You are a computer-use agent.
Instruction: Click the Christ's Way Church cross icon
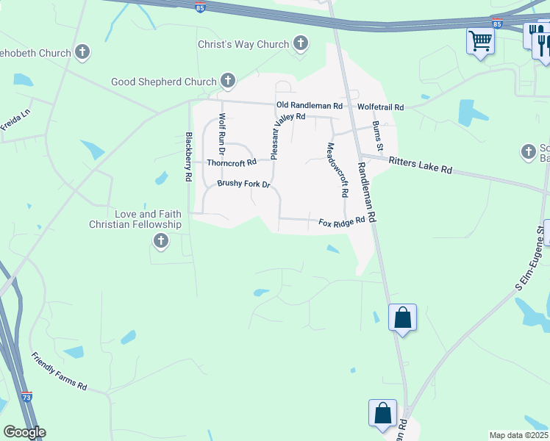[300, 44]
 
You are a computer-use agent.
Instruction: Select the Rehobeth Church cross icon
[82, 52]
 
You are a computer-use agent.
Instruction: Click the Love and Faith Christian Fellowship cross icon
[160, 241]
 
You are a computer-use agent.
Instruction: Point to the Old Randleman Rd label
[310, 106]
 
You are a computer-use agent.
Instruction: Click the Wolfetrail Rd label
[380, 107]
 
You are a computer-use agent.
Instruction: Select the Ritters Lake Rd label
[420, 165]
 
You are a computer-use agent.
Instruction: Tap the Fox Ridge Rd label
[341, 221]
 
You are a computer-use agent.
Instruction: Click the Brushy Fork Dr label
[244, 184]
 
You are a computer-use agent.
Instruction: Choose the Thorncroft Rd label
[232, 162]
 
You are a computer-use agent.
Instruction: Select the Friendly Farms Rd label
[59, 371]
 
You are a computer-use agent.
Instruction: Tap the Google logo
[24, 432]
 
